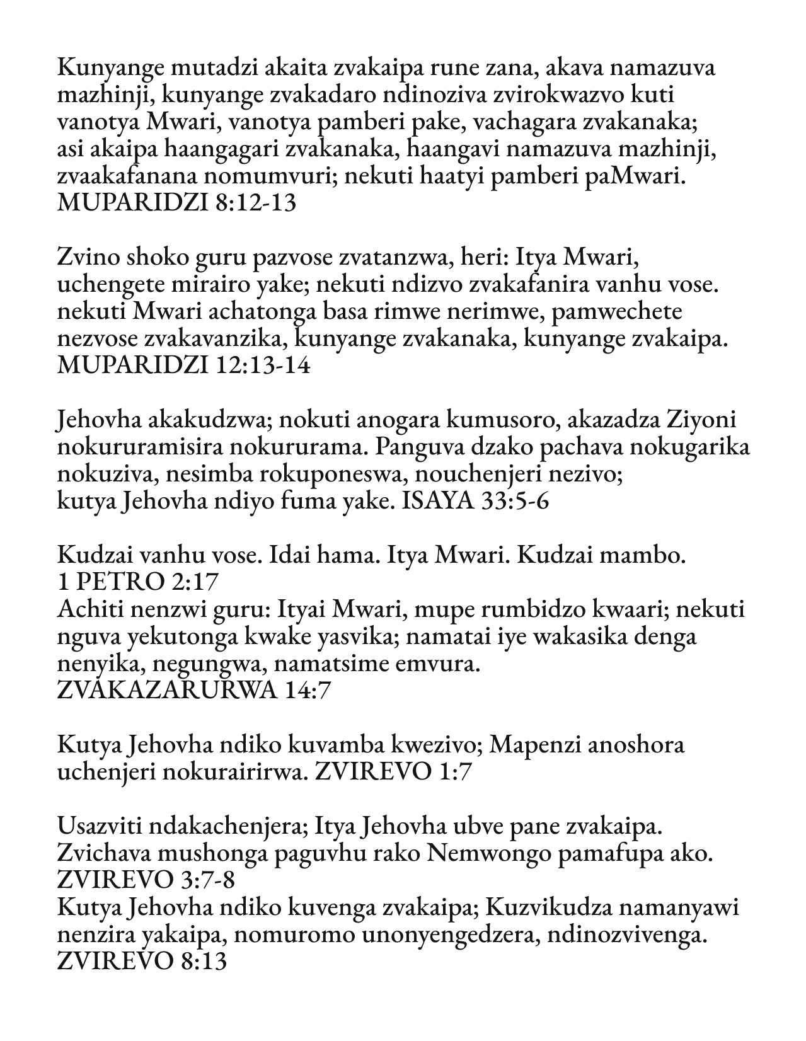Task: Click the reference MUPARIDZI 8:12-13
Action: tap(176, 204)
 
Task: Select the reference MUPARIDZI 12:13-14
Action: tap(183, 366)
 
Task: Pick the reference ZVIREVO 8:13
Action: tap(142, 961)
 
